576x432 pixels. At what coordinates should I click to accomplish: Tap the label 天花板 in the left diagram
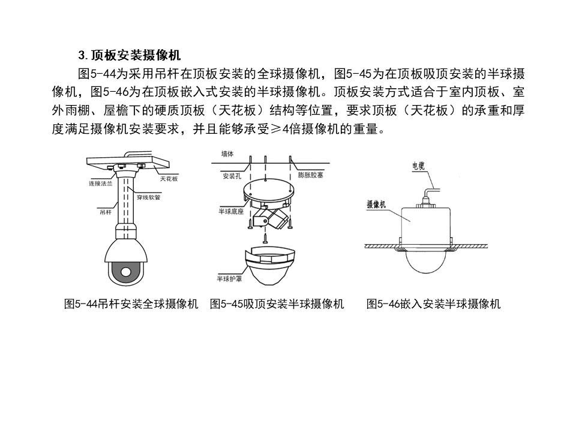click(x=169, y=179)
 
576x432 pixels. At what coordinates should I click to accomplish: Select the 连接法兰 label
click(x=101, y=184)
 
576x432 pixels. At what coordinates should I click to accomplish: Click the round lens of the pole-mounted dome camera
click(x=125, y=271)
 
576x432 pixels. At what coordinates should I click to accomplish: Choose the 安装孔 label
click(x=232, y=176)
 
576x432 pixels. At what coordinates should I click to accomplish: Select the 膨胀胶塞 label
click(x=311, y=176)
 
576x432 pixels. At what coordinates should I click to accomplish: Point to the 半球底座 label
click(x=229, y=212)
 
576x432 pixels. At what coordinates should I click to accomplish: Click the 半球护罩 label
click(x=229, y=278)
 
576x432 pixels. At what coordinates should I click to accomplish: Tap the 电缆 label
click(x=419, y=166)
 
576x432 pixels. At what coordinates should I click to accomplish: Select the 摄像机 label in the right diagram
click(x=376, y=204)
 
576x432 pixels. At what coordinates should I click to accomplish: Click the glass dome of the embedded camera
click(x=426, y=264)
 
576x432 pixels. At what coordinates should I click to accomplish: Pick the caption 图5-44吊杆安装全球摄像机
click(x=131, y=304)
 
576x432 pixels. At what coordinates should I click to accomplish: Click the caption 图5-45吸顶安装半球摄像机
click(x=277, y=304)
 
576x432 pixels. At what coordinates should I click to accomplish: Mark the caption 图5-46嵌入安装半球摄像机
click(x=433, y=304)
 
